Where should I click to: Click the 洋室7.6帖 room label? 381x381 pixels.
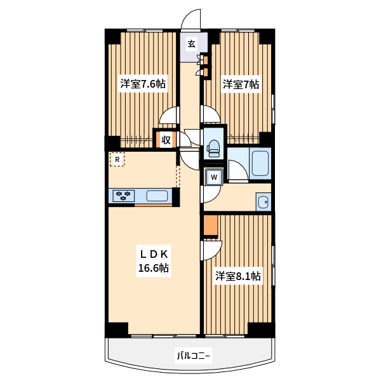143,84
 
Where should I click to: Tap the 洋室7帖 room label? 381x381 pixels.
241,84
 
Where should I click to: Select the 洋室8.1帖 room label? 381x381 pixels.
238,276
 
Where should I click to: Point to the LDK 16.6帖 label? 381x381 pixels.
154,261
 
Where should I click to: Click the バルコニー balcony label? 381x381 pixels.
194,356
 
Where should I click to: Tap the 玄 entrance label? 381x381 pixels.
192,44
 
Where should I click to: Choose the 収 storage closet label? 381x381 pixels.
166,140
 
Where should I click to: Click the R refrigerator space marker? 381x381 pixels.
117,159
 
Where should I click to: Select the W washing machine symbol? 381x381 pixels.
214,177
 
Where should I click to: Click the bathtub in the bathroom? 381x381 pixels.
260,163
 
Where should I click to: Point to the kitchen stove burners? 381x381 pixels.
123,196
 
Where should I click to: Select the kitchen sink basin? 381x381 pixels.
157,196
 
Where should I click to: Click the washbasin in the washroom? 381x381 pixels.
264,202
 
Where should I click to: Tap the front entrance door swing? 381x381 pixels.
191,19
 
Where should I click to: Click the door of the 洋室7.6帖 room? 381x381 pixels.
170,116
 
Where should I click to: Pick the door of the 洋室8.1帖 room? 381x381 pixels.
211,250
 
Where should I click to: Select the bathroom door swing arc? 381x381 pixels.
238,170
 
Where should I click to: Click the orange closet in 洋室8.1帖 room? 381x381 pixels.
210,225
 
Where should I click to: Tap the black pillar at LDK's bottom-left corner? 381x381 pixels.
117,330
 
